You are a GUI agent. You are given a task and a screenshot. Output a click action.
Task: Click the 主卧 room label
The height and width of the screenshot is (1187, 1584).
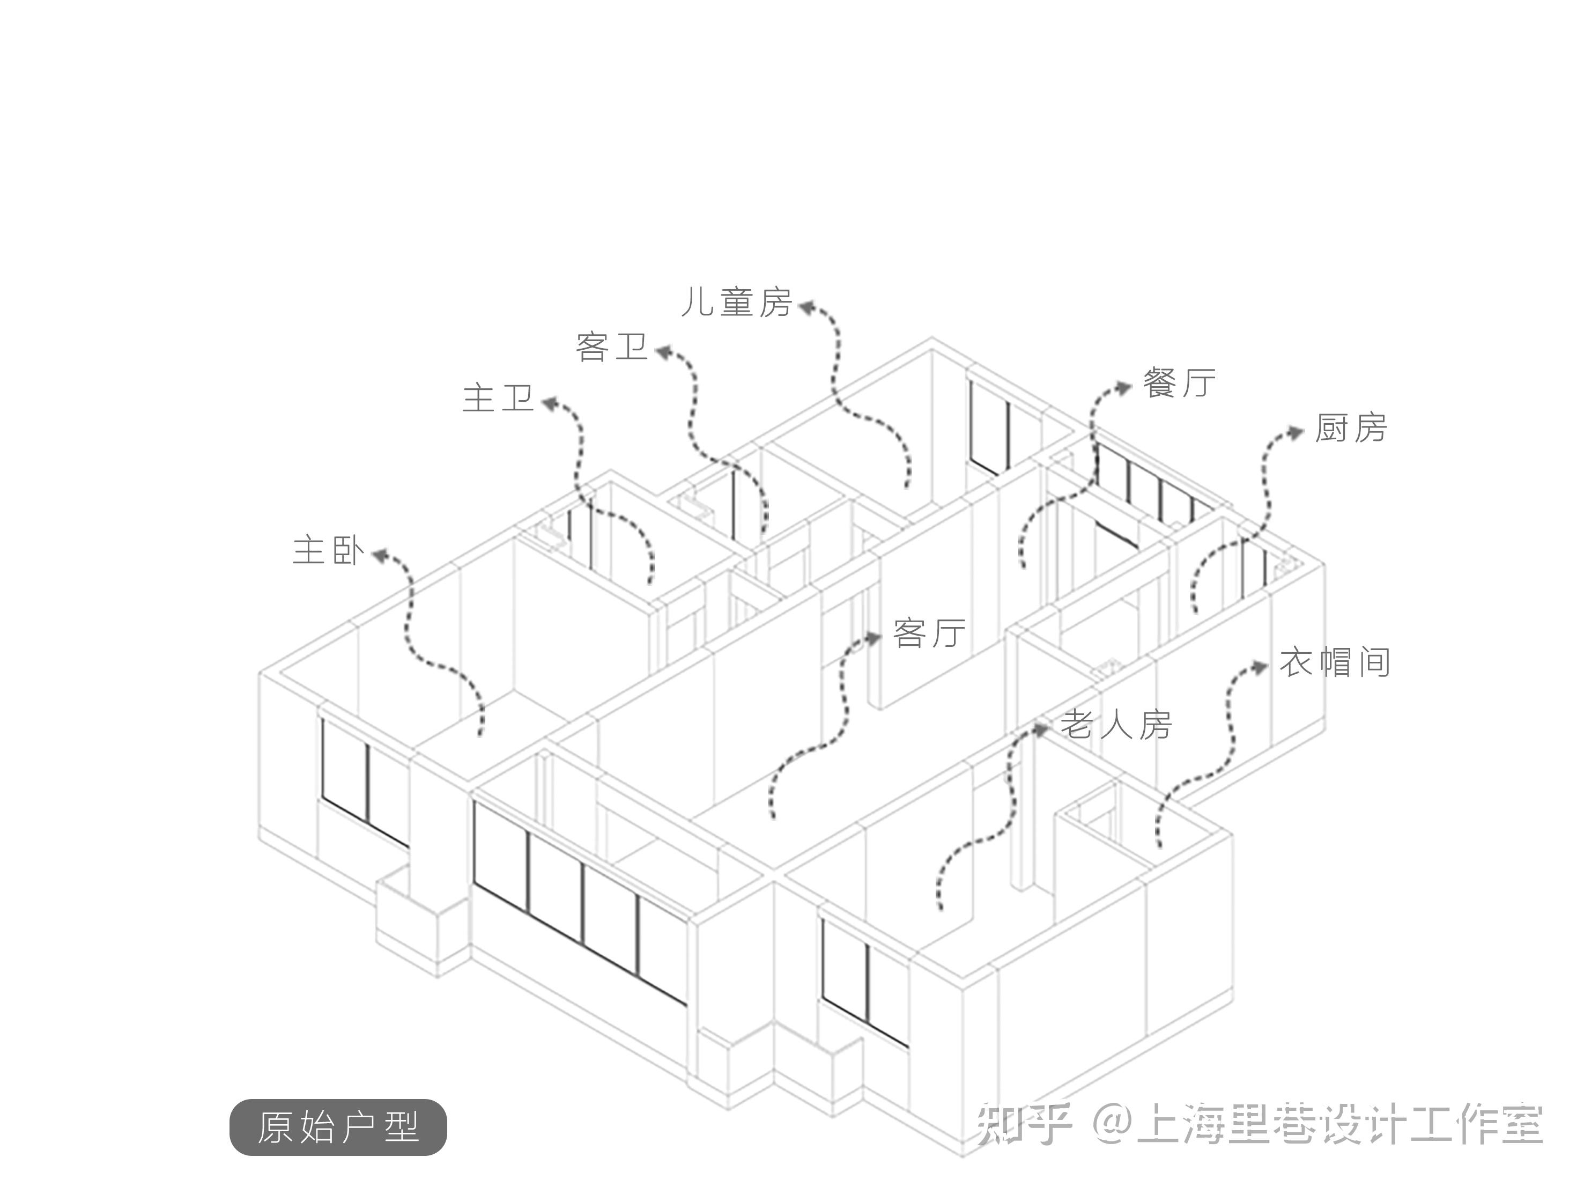[x=329, y=551]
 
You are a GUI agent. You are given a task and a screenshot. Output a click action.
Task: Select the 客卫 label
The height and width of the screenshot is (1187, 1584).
[x=611, y=348]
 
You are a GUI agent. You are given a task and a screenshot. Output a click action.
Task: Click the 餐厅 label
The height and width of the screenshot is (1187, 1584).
[x=1179, y=384]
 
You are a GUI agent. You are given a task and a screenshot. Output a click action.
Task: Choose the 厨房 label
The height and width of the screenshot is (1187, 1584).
[x=1351, y=429]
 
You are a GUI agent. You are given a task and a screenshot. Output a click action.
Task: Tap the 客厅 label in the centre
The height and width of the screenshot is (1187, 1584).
[x=929, y=633]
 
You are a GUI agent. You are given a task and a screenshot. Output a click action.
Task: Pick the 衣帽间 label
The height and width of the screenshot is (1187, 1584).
[x=1335, y=662]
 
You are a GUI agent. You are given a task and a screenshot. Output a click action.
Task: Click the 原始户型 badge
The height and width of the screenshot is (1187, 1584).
[x=338, y=1127]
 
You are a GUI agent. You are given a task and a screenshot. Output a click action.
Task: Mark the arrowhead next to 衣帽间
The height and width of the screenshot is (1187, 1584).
[x=1260, y=667]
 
